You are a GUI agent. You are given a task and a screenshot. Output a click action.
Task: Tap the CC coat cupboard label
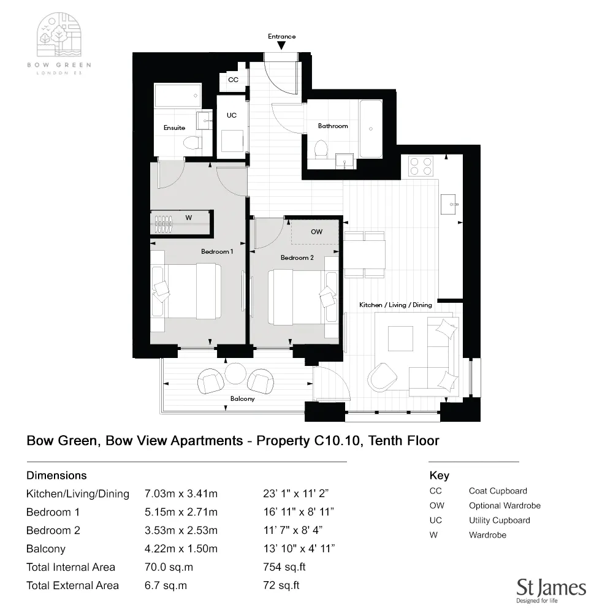tap(233, 80)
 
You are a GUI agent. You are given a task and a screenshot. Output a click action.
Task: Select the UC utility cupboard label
tap(231, 115)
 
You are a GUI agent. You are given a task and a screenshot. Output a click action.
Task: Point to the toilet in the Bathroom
tap(320, 149)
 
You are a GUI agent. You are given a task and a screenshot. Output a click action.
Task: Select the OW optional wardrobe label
tap(316, 232)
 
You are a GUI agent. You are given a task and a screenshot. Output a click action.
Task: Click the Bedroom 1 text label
tap(217, 251)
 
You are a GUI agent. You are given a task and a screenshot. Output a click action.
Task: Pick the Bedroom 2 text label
tap(297, 257)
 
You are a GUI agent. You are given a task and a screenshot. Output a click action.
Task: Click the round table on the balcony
tap(235, 373)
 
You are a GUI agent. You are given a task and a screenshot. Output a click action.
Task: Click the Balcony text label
tap(242, 398)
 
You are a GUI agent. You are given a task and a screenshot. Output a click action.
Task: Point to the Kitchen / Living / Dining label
tap(395, 305)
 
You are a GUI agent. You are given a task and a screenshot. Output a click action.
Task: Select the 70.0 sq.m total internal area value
tap(165, 567)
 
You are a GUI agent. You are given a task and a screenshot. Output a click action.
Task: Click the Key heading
tap(440, 476)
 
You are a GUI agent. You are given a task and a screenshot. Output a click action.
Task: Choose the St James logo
tap(551, 590)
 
